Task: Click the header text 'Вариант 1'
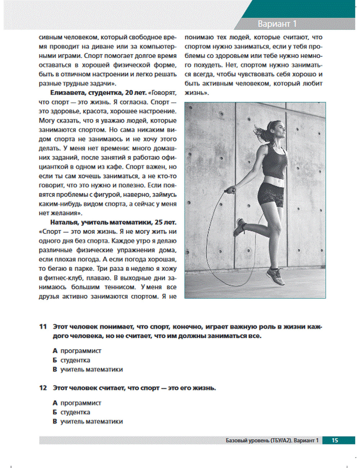click(x=277, y=24)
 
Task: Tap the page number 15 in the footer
click(x=335, y=440)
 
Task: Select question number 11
click(x=43, y=327)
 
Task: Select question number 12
click(x=43, y=388)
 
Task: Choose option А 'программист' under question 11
click(x=77, y=351)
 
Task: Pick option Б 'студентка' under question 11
click(x=71, y=360)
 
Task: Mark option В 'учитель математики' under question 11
click(x=87, y=369)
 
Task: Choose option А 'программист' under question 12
click(x=77, y=403)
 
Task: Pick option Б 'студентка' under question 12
click(x=71, y=412)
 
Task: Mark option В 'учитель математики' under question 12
click(x=87, y=422)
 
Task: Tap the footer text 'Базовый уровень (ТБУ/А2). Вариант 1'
click(x=272, y=440)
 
